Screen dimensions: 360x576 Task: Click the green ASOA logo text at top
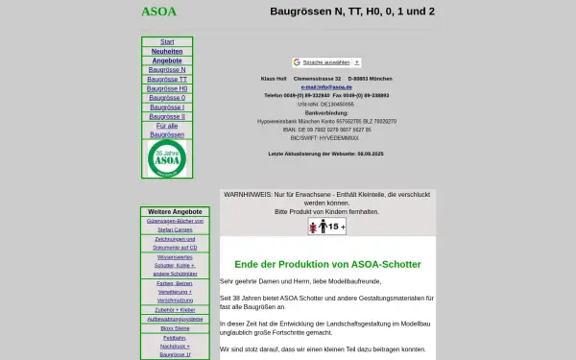pyautogui.click(x=158, y=12)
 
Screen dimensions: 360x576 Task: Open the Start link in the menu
pyautogui.click(x=167, y=41)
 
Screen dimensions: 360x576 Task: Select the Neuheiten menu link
pyautogui.click(x=167, y=51)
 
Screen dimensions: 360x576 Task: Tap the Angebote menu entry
pyautogui.click(x=167, y=60)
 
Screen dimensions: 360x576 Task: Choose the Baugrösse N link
pyautogui.click(x=167, y=70)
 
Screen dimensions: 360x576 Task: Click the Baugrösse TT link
pyautogui.click(x=167, y=79)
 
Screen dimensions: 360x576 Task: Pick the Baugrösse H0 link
pyautogui.click(x=167, y=88)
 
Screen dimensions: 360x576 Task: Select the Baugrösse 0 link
pyautogui.click(x=167, y=98)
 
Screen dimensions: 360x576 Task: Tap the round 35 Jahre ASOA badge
pyautogui.click(x=167, y=158)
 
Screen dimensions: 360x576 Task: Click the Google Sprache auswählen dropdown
pyautogui.click(x=300, y=61)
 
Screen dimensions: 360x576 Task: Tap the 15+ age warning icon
pyautogui.click(x=326, y=227)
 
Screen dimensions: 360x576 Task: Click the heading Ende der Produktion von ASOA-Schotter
pyautogui.click(x=329, y=264)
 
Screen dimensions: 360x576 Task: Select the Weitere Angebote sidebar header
pyautogui.click(x=167, y=211)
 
